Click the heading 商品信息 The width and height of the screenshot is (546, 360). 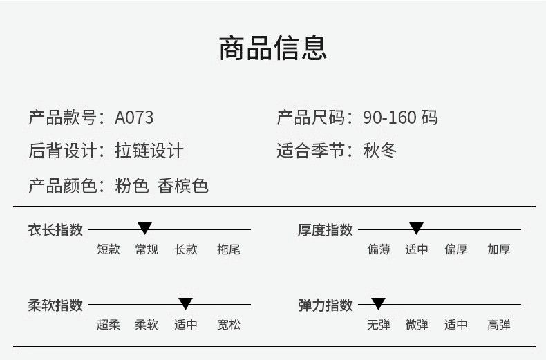point(272,48)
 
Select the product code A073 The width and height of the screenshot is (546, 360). point(134,117)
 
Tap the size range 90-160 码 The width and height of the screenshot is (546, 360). point(400,117)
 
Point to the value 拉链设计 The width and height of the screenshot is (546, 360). point(149,151)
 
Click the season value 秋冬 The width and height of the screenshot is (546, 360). point(380,151)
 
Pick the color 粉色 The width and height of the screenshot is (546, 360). point(132,186)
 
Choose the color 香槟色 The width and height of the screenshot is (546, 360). point(183,186)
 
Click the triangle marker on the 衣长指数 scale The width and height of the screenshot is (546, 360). point(144,228)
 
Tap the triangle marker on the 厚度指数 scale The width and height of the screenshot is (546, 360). point(416,228)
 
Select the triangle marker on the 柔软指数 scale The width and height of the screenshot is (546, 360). point(185,303)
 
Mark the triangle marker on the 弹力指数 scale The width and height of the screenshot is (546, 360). point(378,303)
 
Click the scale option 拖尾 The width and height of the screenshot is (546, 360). point(229,249)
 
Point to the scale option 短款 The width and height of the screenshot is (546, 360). point(109,249)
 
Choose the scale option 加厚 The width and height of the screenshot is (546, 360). point(498,249)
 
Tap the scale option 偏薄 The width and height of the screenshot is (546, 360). point(379,249)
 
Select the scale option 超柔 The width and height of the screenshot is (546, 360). point(109,325)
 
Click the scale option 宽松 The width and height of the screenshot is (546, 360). point(229,325)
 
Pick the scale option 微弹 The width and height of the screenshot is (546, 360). point(417,325)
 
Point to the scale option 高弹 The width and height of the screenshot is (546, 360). point(498,325)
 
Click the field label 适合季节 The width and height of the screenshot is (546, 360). point(310,151)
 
